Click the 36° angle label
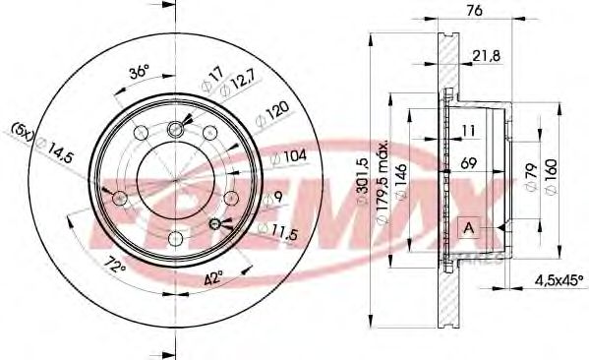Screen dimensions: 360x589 pyautogui.click(x=140, y=72)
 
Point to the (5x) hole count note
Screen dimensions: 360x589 pyautogui.click(x=23, y=129)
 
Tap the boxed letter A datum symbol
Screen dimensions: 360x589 pyautogui.click(x=470, y=228)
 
